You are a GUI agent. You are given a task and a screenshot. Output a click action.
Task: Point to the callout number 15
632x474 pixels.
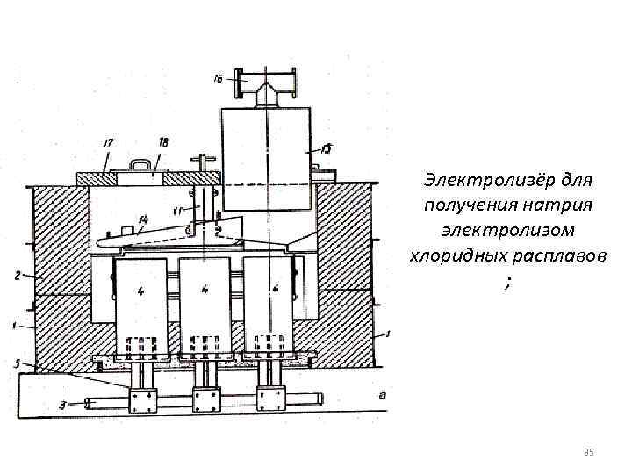[326, 149]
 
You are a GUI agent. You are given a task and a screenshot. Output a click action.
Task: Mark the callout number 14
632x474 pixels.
[142, 217]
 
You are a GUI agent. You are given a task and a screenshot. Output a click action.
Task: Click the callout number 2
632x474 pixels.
[17, 276]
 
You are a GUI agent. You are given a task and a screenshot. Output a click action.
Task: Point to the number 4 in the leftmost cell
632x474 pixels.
[139, 289]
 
